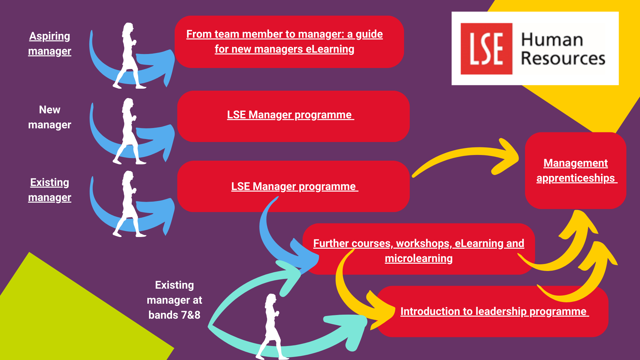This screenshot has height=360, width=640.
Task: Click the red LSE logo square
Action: [x=486, y=49]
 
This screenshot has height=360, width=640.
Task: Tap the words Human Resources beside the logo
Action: [x=563, y=49]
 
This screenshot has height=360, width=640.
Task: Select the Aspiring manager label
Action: [x=50, y=43]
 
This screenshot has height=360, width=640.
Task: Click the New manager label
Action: [x=50, y=117]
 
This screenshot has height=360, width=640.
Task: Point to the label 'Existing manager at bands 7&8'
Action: [x=174, y=300]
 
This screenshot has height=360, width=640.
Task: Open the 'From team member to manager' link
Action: [x=284, y=41]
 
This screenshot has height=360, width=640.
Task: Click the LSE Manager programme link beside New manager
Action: [x=290, y=115]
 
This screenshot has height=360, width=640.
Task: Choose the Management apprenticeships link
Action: [x=576, y=170]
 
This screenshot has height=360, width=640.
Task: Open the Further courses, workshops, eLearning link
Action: [x=418, y=244]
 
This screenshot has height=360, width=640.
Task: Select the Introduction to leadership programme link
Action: [x=494, y=311]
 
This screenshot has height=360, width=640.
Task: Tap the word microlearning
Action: [x=418, y=259]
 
